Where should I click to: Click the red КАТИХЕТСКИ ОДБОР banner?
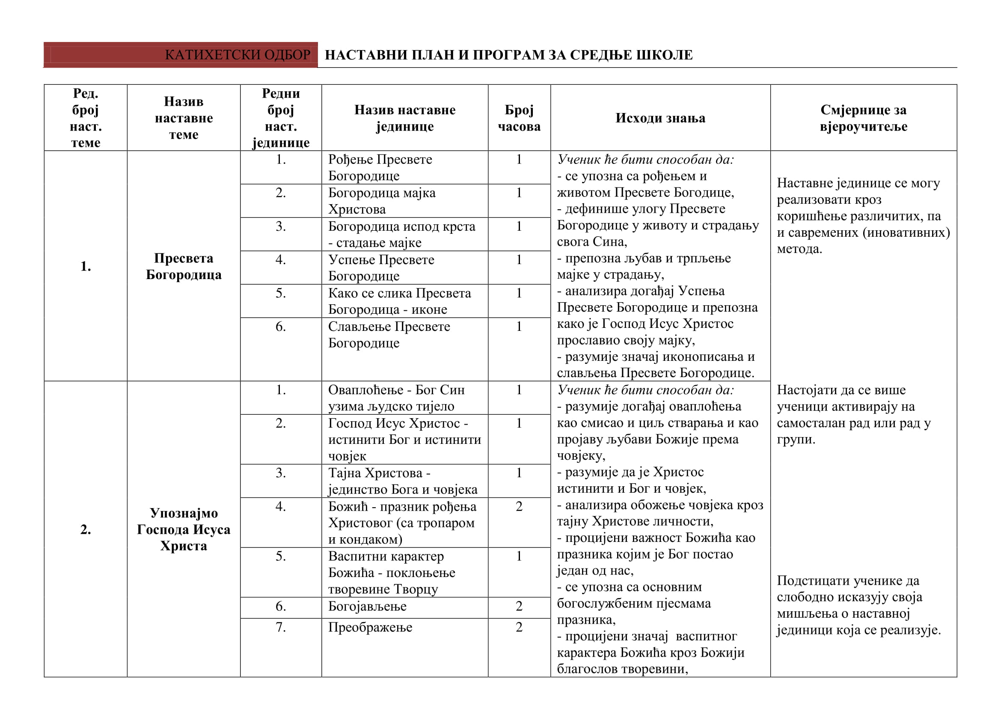point(181,55)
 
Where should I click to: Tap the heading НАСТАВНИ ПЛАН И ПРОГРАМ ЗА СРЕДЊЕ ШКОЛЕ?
point(508,55)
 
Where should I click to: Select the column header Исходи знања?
point(660,118)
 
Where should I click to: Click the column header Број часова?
point(519,118)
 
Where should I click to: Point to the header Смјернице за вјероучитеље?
point(863,118)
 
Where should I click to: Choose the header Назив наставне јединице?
point(404,118)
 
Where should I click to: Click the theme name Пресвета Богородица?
point(184,266)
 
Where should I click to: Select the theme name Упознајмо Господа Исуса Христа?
point(184,529)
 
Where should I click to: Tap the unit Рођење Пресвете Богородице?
point(380,167)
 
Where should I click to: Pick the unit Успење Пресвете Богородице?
point(381,268)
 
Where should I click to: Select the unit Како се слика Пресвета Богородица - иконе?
point(399,301)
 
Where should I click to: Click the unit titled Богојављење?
point(367,607)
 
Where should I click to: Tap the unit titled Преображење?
point(370,628)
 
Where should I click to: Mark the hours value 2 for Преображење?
point(519,628)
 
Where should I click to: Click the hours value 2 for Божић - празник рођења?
point(519,506)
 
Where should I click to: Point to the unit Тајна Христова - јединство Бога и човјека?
point(402,481)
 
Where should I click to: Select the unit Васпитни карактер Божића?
point(391,572)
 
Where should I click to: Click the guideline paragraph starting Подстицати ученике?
point(858,605)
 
